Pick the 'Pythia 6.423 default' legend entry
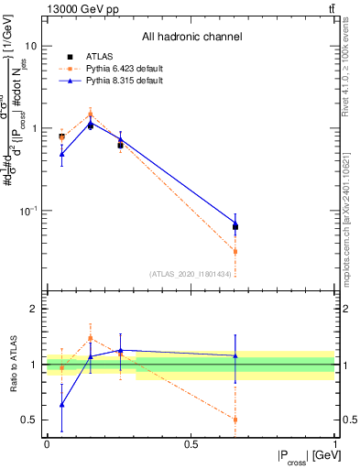click(123, 69)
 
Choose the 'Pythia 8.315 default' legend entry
click(123, 81)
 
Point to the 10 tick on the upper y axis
click(29, 46)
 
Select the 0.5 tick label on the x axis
click(191, 443)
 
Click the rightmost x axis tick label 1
click(335, 443)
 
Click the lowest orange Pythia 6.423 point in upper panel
click(235, 251)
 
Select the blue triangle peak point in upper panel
click(90, 125)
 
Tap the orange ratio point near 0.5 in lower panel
click(235, 420)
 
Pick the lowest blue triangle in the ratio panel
click(61, 404)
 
